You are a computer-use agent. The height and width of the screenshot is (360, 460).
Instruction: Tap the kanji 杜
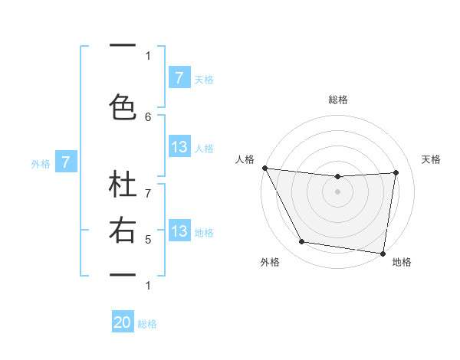(123, 187)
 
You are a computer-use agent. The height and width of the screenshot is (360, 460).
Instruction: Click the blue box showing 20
(123, 323)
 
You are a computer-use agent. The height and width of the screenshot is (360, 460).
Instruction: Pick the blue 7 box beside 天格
(179, 77)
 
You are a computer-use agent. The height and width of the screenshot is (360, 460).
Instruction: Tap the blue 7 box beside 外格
(67, 162)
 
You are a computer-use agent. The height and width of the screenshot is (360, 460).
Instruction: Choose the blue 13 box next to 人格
(179, 147)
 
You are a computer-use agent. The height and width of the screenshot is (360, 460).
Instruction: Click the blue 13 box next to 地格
(179, 231)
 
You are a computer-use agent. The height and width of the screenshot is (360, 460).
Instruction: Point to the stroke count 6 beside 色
(148, 116)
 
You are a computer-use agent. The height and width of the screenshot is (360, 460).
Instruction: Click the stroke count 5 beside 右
(148, 240)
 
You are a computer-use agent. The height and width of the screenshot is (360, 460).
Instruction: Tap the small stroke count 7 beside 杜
(148, 184)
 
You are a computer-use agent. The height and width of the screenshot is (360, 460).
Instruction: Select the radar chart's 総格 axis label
(337, 100)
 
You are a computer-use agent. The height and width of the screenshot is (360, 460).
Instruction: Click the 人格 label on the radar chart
(245, 159)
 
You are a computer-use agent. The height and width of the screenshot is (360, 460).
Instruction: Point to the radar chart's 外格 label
(269, 262)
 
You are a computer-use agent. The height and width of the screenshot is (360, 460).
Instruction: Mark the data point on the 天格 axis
(396, 172)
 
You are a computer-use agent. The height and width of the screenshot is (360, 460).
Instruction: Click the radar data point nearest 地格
(383, 253)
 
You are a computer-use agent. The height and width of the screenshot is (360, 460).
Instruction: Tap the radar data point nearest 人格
(264, 168)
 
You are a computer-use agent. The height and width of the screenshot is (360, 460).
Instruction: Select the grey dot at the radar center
(337, 191)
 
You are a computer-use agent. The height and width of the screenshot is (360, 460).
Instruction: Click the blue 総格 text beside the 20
(147, 324)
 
